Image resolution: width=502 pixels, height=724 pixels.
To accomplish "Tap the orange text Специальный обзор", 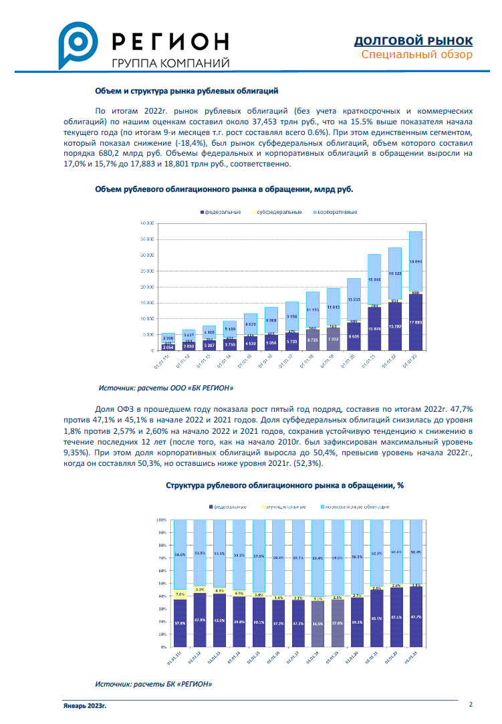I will click(416, 55).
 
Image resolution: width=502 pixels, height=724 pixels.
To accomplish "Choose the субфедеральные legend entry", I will click(279, 212).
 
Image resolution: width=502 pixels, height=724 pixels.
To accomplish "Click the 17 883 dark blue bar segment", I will click(415, 322).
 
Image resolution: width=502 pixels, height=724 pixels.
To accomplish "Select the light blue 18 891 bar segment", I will click(415, 261).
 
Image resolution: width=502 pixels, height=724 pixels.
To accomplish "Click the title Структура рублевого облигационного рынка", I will click(284, 486).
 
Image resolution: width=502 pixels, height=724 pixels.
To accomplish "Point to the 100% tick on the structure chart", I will click(161, 519).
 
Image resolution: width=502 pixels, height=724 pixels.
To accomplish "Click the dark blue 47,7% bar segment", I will click(415, 616).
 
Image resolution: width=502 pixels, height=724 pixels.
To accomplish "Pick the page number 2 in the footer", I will click(471, 704).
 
